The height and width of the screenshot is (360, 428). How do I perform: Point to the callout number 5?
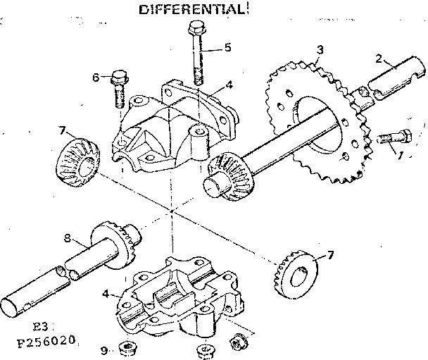coord(227,48)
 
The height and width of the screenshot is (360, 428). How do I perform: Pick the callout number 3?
coord(320,49)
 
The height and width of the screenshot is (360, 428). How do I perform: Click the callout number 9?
coord(103,348)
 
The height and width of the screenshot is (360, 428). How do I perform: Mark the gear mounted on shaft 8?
coord(124,243)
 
